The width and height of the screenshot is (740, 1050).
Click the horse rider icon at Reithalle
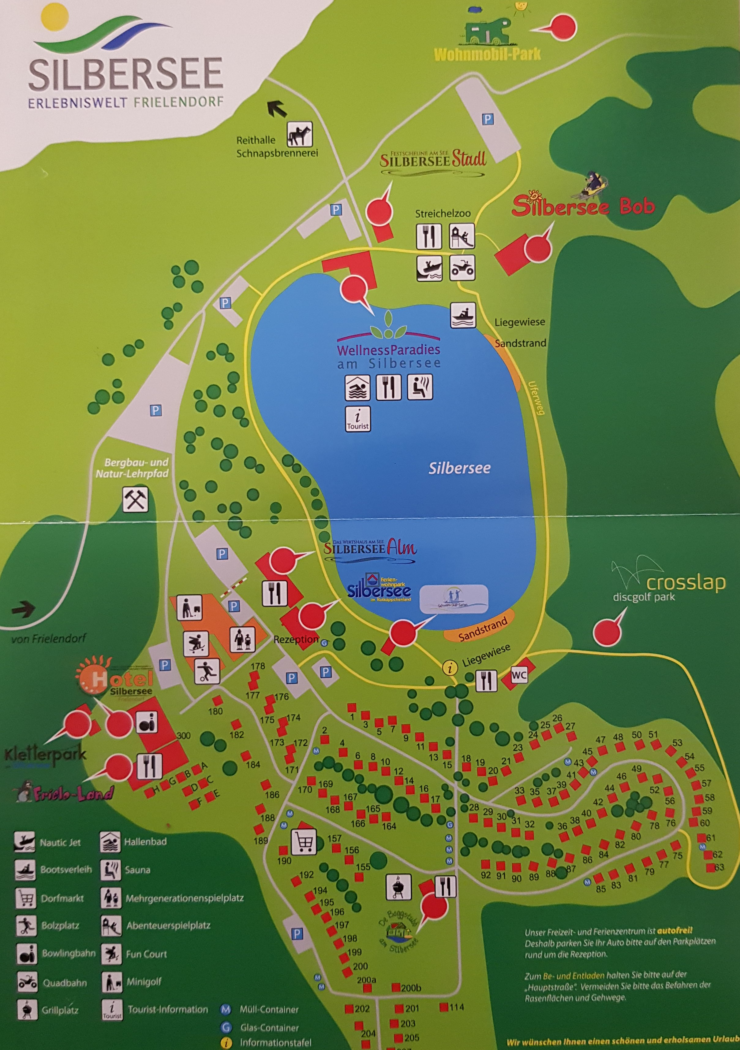pyautogui.click(x=299, y=134)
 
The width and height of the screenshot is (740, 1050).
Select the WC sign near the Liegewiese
pyautogui.click(x=519, y=675)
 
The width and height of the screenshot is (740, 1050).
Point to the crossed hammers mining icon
pyautogui.click(x=136, y=499)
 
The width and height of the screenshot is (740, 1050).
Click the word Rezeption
pyautogui.click(x=296, y=639)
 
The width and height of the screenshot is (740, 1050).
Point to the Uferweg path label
pyautogui.click(x=536, y=398)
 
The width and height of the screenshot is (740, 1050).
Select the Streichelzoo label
pyautogui.click(x=442, y=213)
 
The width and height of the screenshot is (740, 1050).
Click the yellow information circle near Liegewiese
pyautogui.click(x=450, y=668)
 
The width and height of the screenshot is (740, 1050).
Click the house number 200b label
pyautogui.click(x=410, y=988)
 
